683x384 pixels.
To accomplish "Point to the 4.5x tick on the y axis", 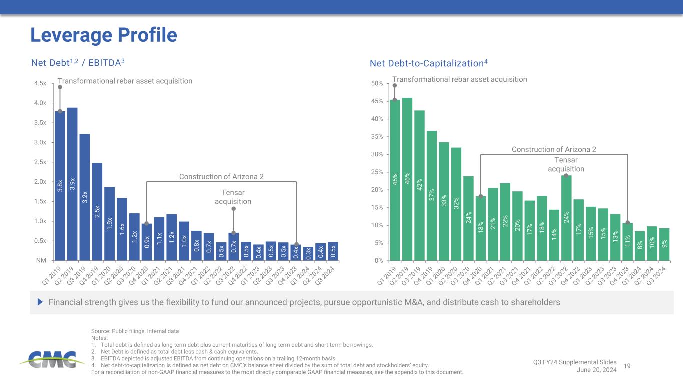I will coord(40,83).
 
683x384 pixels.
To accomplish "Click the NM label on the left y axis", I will coord(42,261).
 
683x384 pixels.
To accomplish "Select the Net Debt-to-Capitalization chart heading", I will coord(428,63).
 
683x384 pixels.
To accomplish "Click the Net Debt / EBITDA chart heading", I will coord(78,63).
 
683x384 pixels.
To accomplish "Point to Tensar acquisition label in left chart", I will coord(233,197).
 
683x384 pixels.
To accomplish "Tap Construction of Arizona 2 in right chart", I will coord(554,149).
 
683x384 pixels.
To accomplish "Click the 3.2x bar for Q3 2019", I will coord(85,197).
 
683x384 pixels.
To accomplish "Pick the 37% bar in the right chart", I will coord(432,195).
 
